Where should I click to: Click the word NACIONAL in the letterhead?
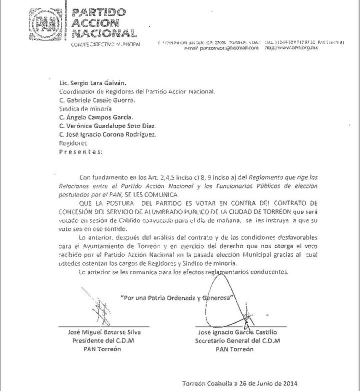click(103, 33)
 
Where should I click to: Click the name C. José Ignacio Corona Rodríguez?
click(107, 134)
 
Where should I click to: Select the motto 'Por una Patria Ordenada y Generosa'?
click(178, 297)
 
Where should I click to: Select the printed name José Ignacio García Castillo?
click(237, 332)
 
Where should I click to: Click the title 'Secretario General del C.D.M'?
click(237, 340)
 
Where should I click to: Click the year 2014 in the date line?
click(287, 383)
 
